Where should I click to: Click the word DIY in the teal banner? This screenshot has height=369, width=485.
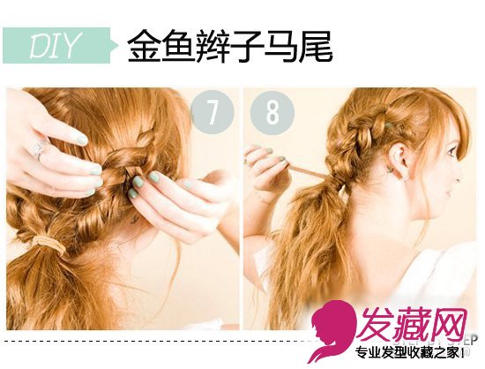pyautogui.click(x=53, y=46)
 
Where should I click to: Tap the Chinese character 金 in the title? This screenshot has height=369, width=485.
pyautogui.click(x=144, y=46)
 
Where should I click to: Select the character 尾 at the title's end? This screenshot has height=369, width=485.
pyautogui.click(x=316, y=46)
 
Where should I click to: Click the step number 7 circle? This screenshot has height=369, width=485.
pyautogui.click(x=213, y=112)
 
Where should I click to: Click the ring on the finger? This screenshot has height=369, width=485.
pyautogui.click(x=41, y=148)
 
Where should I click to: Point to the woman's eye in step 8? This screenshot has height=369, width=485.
pyautogui.click(x=451, y=151)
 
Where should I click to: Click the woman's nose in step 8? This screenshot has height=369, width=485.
pyautogui.click(x=459, y=175)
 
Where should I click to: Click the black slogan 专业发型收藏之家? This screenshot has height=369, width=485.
pyautogui.click(x=409, y=353)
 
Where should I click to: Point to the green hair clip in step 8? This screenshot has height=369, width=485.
pyautogui.click(x=390, y=124)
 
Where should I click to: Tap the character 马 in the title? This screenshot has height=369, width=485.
pyautogui.click(x=280, y=46)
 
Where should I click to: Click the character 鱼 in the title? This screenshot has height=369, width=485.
pyautogui.click(x=178, y=46)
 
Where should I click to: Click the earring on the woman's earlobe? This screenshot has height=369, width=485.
pyautogui.click(x=404, y=177)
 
